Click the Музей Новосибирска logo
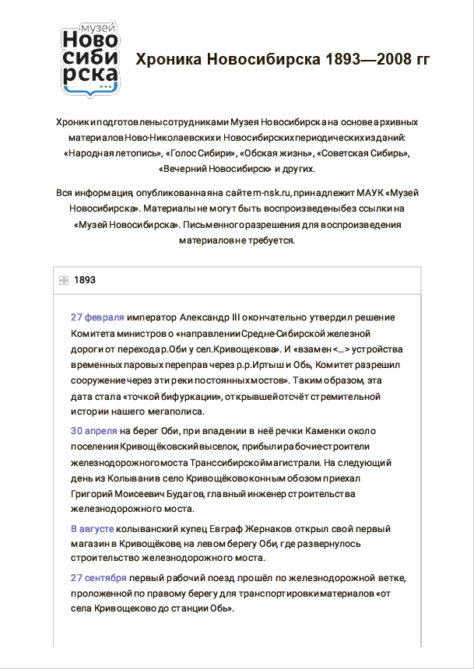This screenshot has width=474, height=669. click(x=91, y=60)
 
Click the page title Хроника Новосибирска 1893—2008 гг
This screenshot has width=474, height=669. click(x=283, y=60)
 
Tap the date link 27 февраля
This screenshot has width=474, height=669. click(x=97, y=317)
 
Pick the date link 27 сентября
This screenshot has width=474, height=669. click(x=98, y=578)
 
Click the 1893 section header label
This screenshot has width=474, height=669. click(x=85, y=280)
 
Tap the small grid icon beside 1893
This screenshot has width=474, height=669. click(x=64, y=280)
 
